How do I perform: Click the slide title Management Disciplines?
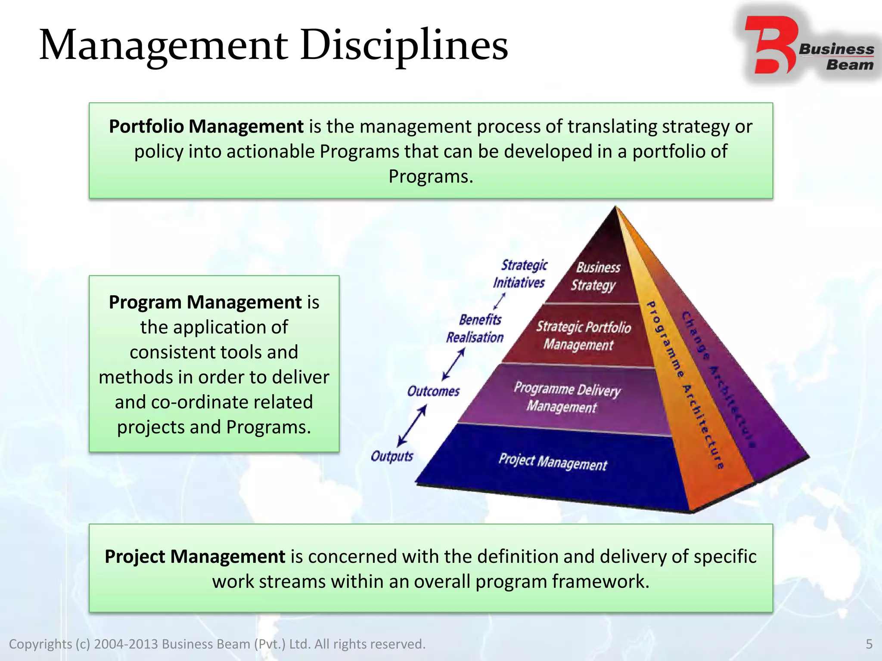click(273, 45)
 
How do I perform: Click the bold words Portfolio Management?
click(206, 127)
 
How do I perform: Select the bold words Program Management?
click(205, 302)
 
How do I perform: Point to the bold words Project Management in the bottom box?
click(195, 556)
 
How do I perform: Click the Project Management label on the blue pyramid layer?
click(553, 462)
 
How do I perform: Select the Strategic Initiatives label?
click(521, 274)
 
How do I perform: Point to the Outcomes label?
click(433, 391)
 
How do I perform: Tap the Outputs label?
click(392, 456)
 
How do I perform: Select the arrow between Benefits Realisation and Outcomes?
click(453, 364)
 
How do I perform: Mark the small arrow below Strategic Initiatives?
click(500, 301)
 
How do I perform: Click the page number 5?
click(869, 644)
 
